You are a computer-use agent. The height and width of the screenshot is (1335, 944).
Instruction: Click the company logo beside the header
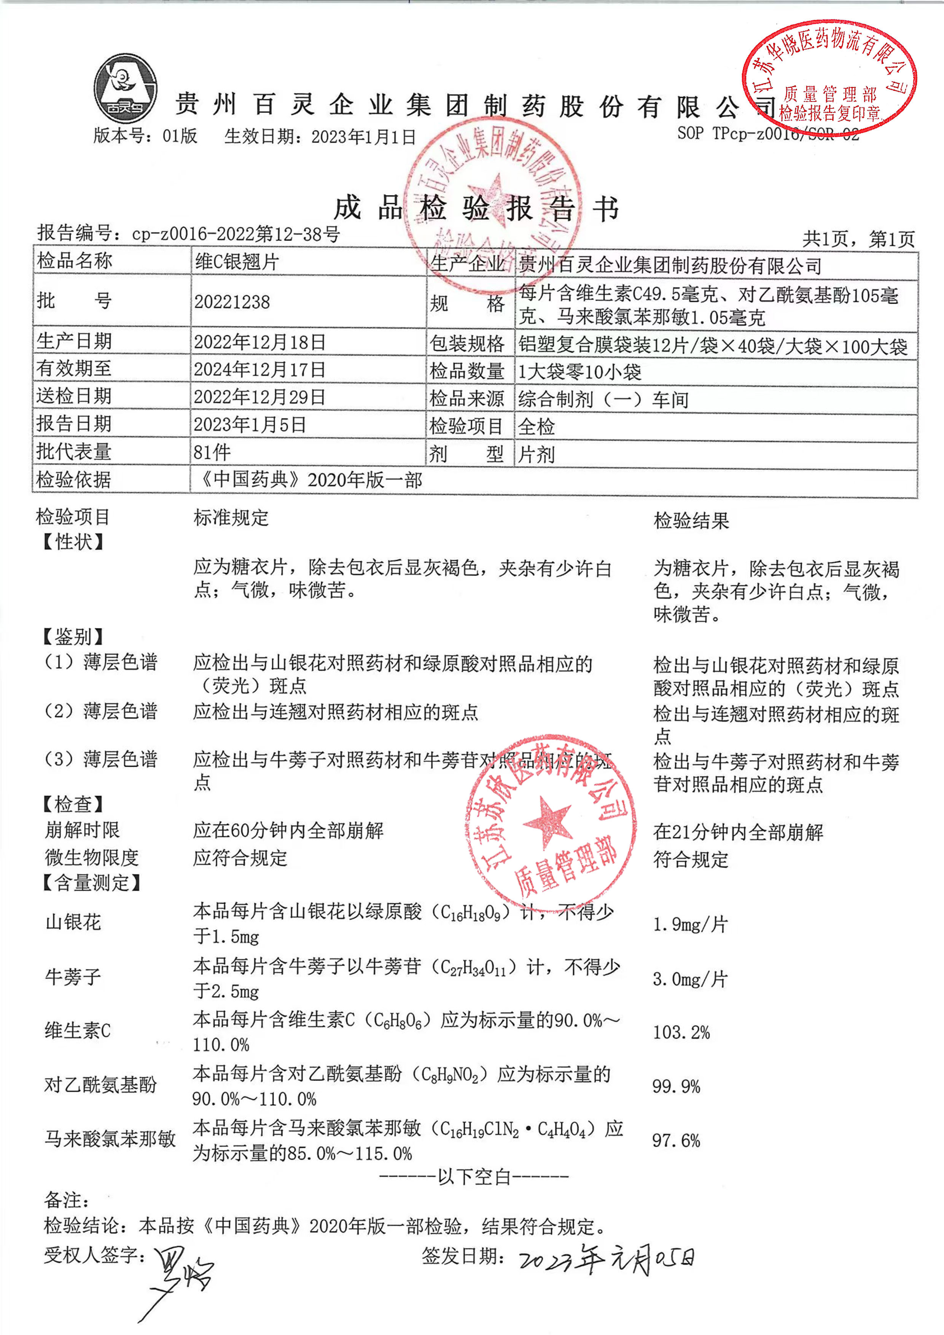(x=125, y=88)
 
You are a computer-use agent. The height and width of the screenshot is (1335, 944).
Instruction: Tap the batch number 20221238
(x=232, y=302)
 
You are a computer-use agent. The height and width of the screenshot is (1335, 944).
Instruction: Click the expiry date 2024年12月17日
(x=259, y=369)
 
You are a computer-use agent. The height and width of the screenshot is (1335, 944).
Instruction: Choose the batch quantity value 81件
(x=212, y=452)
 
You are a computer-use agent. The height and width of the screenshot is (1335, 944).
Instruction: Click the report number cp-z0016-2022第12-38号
(x=236, y=234)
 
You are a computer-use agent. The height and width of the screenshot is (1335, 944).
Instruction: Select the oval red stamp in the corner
(x=829, y=78)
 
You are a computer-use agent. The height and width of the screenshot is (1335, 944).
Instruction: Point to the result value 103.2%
(x=681, y=1032)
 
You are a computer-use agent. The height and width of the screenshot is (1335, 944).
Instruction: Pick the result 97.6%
(x=676, y=1140)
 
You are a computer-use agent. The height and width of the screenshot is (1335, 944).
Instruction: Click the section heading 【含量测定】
(x=92, y=883)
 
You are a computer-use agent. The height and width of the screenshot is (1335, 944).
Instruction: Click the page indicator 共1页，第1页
(x=858, y=239)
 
